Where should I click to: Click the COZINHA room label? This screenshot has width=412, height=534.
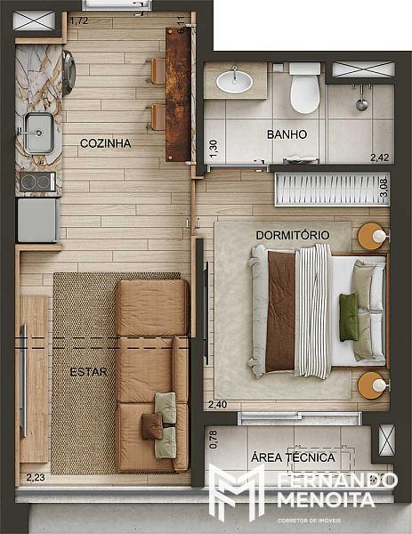(x=106, y=143)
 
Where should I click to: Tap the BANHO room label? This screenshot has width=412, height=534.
(x=287, y=134)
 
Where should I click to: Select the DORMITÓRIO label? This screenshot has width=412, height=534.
(x=293, y=235)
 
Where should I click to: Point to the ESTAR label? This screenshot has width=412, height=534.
(x=88, y=371)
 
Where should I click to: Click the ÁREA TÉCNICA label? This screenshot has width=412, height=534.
(x=293, y=457)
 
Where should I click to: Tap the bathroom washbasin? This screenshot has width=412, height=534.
(x=235, y=81)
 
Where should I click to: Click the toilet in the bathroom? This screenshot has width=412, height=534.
(x=304, y=89)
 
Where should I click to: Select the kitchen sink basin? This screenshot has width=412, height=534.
(x=39, y=133)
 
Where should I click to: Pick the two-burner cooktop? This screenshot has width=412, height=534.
(x=37, y=182)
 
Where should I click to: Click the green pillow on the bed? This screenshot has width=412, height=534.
(x=349, y=318)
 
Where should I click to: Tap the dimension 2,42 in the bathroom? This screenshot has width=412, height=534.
(x=379, y=158)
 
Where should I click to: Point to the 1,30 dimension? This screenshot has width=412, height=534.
(x=214, y=149)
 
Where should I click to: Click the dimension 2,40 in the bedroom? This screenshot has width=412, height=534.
(x=218, y=405)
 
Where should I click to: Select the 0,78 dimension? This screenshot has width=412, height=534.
(x=214, y=440)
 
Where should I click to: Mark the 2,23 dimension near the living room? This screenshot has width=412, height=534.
(x=36, y=477)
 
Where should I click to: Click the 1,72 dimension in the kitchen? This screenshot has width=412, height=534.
(x=79, y=20)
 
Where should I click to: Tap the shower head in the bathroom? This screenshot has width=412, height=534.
(x=362, y=104)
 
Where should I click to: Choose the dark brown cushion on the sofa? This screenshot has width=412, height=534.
(x=152, y=425)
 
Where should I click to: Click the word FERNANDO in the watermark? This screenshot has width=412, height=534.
(x=337, y=481)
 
